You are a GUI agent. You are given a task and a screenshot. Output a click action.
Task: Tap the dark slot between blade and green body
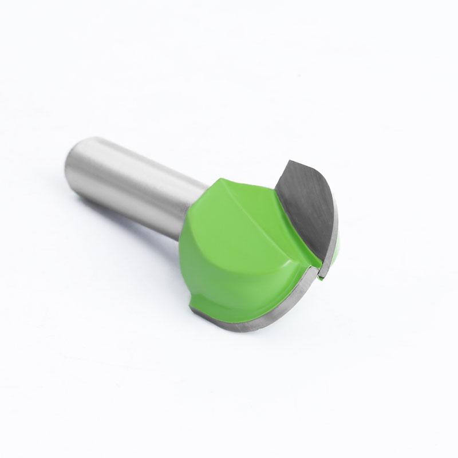pos(317,268)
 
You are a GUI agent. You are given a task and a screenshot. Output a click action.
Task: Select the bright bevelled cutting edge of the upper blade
pos(331,229)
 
